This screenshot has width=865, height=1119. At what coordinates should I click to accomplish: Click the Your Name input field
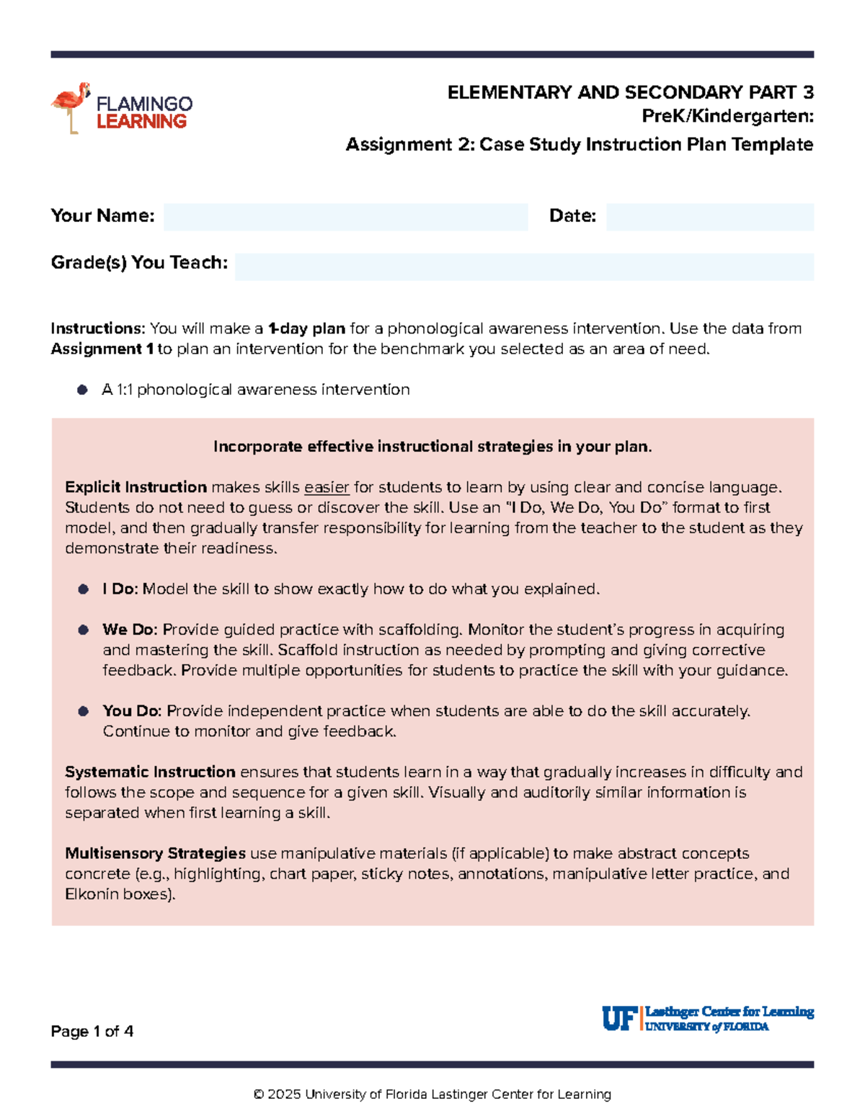pos(345,217)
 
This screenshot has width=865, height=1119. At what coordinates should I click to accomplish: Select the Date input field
pos(709,217)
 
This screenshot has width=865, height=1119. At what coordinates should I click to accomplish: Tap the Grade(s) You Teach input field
pos(524,267)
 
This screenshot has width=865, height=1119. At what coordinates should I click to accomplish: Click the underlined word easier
pos(327,488)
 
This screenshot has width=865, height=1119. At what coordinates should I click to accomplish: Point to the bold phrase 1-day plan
pos(306,329)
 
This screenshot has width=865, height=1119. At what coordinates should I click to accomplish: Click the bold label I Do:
pos(120,589)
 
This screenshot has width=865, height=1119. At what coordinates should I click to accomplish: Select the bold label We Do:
pos(130,630)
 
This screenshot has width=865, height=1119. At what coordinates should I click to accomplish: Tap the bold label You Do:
pos(132,711)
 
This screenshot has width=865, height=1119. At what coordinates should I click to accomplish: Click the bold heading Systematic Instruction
pos(150,772)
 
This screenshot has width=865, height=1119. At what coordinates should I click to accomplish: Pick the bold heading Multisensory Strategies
pos(155,854)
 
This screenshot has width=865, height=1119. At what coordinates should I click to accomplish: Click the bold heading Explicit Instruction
pos(136,488)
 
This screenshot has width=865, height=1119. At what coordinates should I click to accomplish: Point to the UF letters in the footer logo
pos(618,1019)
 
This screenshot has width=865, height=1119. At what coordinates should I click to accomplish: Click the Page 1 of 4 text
pos(92,1032)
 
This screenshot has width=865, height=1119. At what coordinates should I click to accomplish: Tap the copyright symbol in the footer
pos(259,1095)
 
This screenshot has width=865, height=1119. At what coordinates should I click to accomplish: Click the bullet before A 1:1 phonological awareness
pos(83,390)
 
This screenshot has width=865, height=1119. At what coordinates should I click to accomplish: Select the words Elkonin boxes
pos(117,895)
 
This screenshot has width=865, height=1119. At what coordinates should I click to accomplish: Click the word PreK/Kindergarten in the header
pos(727,116)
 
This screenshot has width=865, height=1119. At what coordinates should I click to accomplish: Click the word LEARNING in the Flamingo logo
pos(141,122)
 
